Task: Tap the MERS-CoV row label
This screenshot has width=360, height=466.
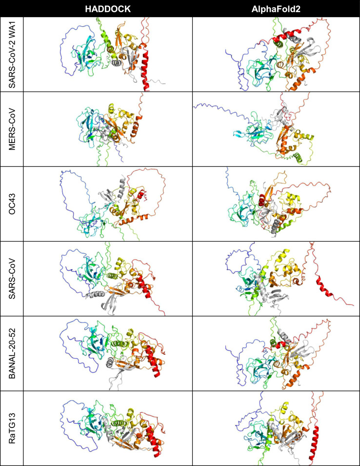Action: pyautogui.click(x=11, y=129)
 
